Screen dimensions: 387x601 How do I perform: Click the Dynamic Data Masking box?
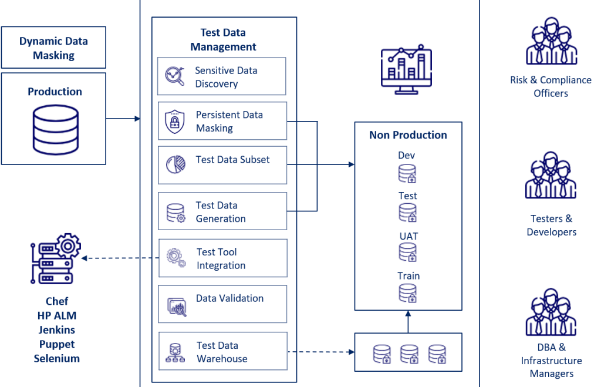[x=53, y=48]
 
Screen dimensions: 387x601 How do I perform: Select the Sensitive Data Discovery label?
[x=226, y=77]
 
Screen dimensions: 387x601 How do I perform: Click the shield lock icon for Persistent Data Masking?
[x=174, y=122]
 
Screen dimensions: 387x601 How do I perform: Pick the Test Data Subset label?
[x=233, y=159]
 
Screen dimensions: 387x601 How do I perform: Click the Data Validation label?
[x=229, y=298]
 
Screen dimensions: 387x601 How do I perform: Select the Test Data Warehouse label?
[x=222, y=352]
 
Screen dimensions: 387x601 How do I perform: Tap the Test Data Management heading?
[x=223, y=39]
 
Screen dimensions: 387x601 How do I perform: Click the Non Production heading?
[x=408, y=135]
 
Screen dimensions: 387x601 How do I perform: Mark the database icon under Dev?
[x=407, y=173]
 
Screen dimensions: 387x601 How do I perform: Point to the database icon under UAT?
[x=407, y=252]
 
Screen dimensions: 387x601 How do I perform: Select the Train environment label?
[x=408, y=275]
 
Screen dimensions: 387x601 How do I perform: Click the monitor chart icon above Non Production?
[x=406, y=67]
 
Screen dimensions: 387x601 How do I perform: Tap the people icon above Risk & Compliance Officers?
[x=551, y=41]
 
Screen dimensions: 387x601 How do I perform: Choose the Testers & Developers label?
[x=551, y=225]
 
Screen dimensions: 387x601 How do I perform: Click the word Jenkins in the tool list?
[x=56, y=330]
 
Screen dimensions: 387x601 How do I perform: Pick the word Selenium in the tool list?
[x=56, y=358]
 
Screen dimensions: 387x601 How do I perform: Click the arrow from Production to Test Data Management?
[x=123, y=119]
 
